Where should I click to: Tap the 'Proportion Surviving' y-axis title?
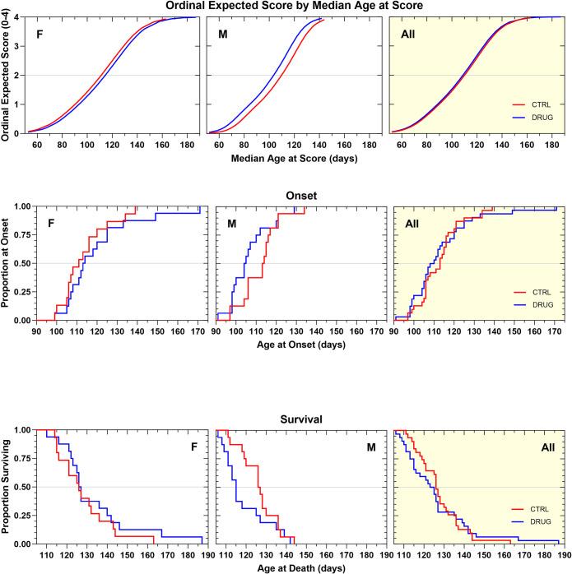(x=7, y=487)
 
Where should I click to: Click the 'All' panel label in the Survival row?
(x=544, y=447)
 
